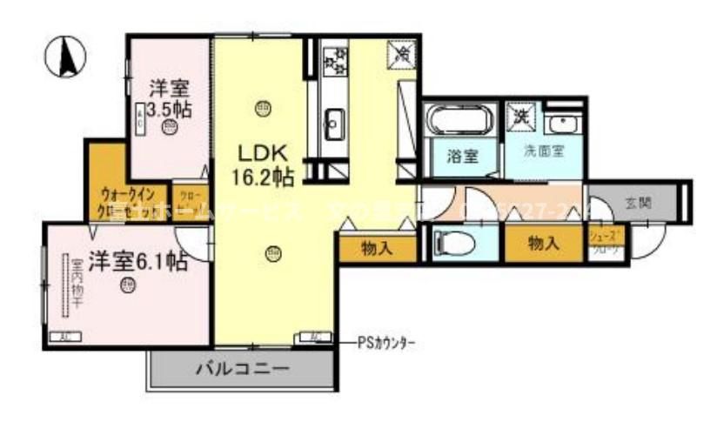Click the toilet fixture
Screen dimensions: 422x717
click(452, 243)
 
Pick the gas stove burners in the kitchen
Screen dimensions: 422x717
click(334, 59)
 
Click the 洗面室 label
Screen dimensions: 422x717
click(544, 150)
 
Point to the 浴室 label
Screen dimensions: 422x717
click(462, 157)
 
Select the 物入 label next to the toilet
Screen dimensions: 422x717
click(543, 244)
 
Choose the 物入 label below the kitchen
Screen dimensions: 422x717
click(377, 248)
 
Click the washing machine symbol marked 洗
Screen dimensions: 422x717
click(521, 114)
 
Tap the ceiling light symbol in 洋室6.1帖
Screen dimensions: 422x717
click(128, 285)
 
